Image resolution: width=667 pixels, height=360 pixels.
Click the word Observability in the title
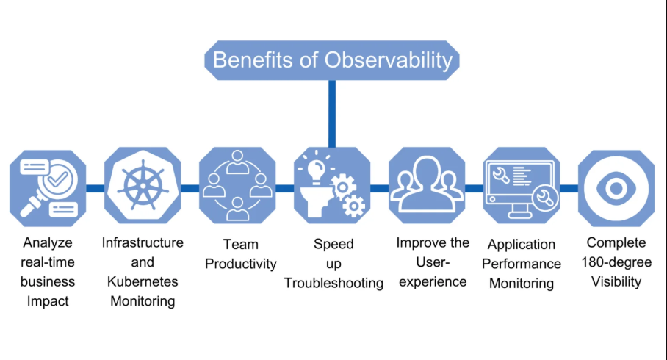pyautogui.click(x=389, y=60)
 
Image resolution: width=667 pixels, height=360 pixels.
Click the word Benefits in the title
pyautogui.click(x=253, y=60)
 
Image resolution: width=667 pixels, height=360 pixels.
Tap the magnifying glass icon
pyautogui.click(x=48, y=188)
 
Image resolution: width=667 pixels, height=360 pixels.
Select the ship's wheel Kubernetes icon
pyautogui.click(x=143, y=186)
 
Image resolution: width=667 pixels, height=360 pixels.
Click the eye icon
pyautogui.click(x=616, y=188)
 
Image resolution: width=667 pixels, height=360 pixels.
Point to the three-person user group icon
pyautogui.click(x=427, y=186)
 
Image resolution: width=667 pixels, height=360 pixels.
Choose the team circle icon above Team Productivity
pyautogui.click(x=237, y=186)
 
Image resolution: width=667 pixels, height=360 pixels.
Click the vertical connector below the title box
pyautogui.click(x=332, y=114)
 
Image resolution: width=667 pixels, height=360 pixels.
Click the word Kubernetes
pyautogui.click(x=143, y=281)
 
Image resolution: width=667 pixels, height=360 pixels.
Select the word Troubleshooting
pyautogui.click(x=333, y=284)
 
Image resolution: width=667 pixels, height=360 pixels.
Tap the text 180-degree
pyautogui.click(x=616, y=262)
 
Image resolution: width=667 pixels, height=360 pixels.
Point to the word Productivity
pyautogui.click(x=241, y=264)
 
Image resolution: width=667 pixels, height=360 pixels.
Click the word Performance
pyautogui.click(x=522, y=264)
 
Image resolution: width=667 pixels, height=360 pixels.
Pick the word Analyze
pyautogui.click(x=48, y=243)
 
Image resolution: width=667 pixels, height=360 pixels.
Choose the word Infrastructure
pyautogui.click(x=143, y=242)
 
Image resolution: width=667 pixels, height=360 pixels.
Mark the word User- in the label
pyautogui.click(x=433, y=262)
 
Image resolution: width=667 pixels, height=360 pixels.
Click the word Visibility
pyautogui.click(x=616, y=281)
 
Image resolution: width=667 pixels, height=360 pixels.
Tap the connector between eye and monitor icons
pyautogui.click(x=569, y=188)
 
